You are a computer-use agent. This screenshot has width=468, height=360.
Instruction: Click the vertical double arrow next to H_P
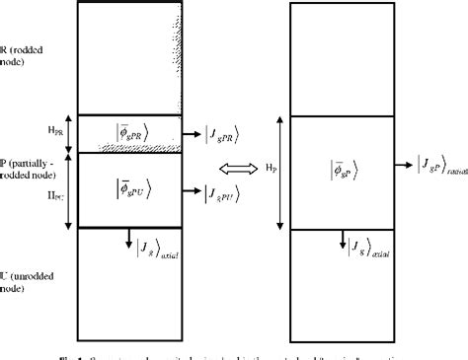[284, 172]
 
